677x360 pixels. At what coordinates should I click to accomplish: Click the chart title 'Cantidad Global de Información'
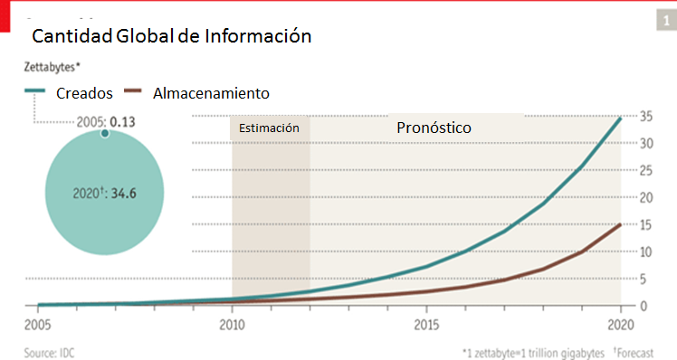tap(172, 37)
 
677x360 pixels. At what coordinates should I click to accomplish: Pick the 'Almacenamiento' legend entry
tap(211, 93)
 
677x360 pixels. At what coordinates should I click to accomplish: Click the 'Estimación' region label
tap(269, 128)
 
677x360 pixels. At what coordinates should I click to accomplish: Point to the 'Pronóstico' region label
tap(434, 128)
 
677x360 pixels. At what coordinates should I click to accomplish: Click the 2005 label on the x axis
tap(36, 324)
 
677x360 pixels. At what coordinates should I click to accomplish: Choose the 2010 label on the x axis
tap(232, 324)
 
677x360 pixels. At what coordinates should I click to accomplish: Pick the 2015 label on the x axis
tap(426, 324)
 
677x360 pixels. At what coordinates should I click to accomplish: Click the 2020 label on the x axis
tap(620, 324)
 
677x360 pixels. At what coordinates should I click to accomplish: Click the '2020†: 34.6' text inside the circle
tap(104, 194)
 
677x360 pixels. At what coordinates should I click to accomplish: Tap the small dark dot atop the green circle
tap(104, 134)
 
